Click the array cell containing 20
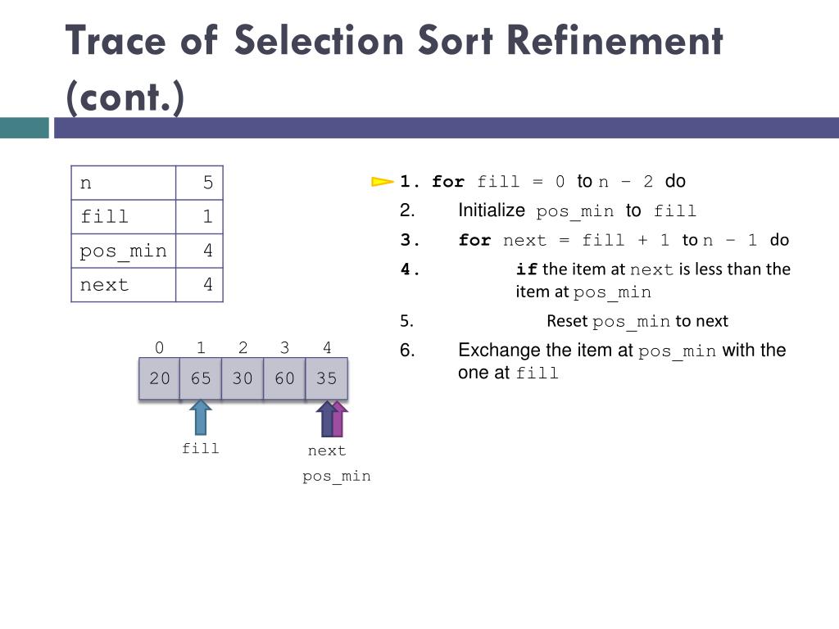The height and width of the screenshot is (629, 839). click(160, 378)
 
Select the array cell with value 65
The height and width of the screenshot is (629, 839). click(201, 378)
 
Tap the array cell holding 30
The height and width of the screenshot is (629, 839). click(243, 378)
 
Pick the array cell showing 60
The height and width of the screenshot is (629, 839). click(284, 378)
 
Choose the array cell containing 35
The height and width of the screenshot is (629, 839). click(326, 378)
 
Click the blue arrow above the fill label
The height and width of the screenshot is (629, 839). click(200, 417)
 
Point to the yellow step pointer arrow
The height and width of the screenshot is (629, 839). click(382, 182)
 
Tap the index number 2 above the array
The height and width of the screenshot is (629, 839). click(243, 348)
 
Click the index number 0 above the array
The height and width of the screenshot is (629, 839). click(160, 348)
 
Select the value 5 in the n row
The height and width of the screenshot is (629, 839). click(207, 183)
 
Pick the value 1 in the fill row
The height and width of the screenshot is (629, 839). click(207, 217)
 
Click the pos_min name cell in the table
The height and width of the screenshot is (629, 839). click(123, 251)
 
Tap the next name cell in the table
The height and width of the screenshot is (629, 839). click(123, 285)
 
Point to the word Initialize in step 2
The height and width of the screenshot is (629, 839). click(491, 210)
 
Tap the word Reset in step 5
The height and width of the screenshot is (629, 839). click(567, 321)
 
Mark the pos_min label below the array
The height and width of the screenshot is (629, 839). click(337, 476)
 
